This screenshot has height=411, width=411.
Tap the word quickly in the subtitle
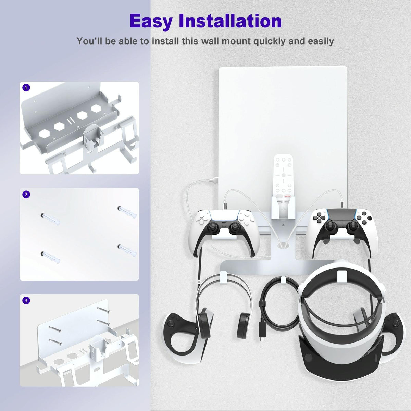tap(270, 41)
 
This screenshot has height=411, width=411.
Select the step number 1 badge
tap(26, 88)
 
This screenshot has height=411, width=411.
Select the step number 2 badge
tap(26, 194)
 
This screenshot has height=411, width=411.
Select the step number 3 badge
tap(26, 300)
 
